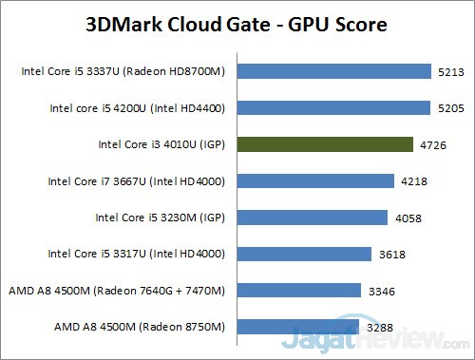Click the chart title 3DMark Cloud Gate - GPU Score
click(237, 23)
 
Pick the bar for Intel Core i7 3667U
click(315, 180)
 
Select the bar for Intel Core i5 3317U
click(304, 254)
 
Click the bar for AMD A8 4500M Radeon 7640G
click(299, 290)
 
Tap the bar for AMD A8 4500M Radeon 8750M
click(298, 327)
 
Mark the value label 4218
click(414, 180)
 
